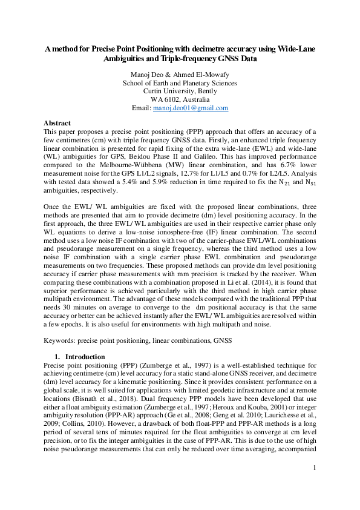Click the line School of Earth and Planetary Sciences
[x=180, y=83]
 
